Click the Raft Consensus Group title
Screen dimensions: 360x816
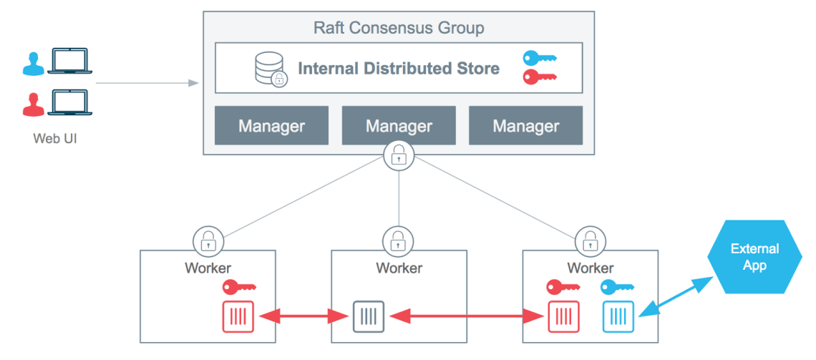399,29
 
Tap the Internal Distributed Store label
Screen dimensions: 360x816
398,69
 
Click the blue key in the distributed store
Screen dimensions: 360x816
539,59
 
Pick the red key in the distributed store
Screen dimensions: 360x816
539,77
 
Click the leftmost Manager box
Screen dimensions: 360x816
271,126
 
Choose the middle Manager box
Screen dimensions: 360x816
399,126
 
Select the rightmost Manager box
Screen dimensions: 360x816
525,126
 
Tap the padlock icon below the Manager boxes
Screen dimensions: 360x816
398,155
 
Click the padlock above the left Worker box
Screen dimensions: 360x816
208,240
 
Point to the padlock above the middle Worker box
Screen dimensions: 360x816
398,240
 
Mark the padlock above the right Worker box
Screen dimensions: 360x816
589,240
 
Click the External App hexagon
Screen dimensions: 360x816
754,257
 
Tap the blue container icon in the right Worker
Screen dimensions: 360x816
618,316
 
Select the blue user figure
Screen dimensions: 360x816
32,64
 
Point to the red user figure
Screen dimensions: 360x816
32,104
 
